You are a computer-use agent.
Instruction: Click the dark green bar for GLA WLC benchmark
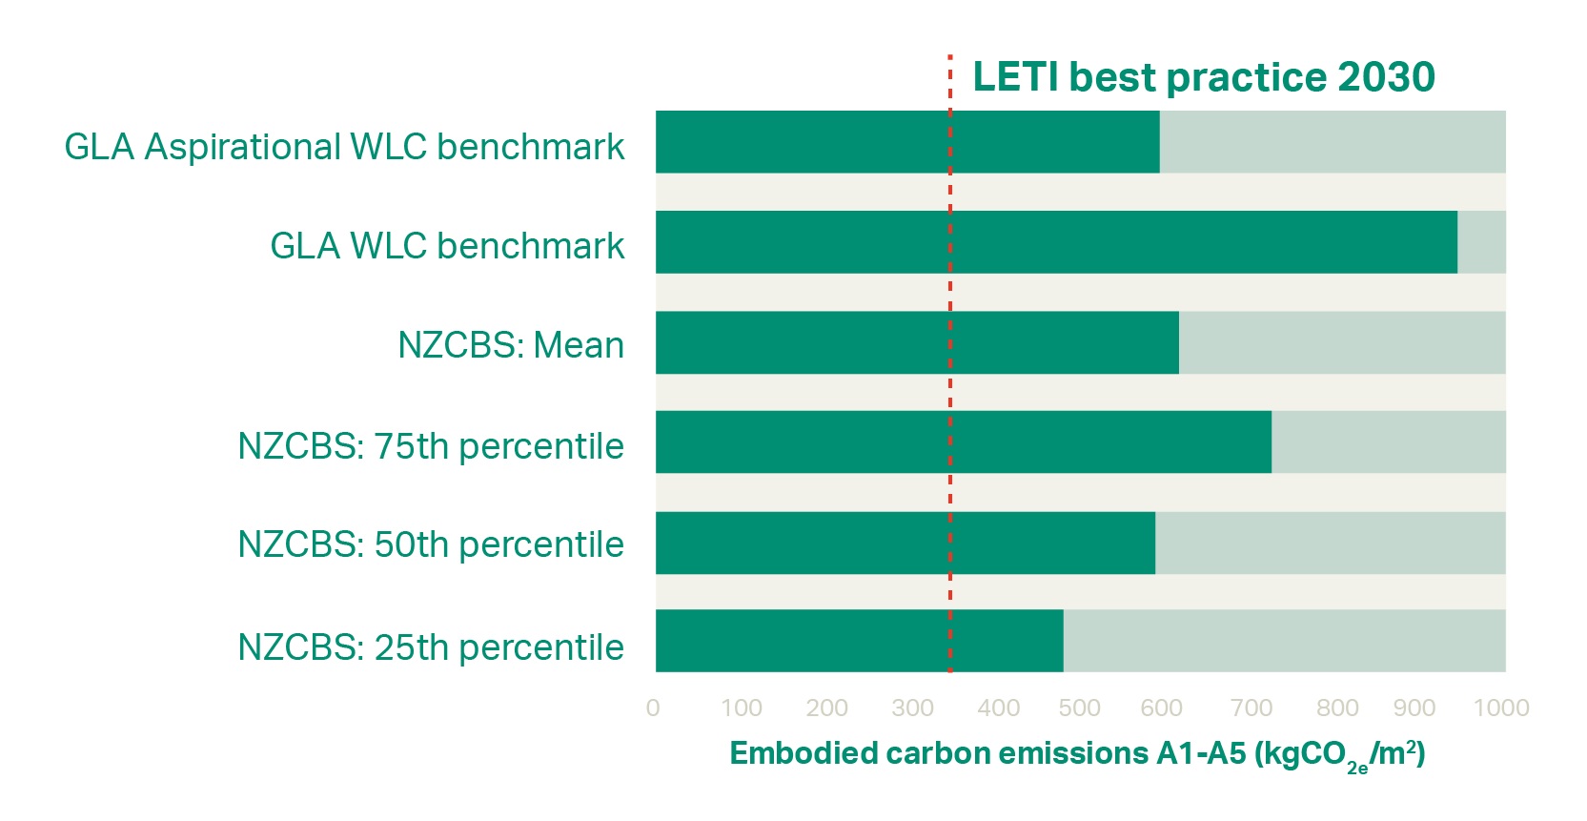click(x=1056, y=242)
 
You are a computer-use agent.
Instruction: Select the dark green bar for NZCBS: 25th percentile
click(x=859, y=641)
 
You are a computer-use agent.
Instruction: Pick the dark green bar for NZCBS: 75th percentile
click(x=963, y=441)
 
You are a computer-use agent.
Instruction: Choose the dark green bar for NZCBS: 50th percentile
click(x=905, y=543)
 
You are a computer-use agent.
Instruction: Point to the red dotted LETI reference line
click(x=950, y=381)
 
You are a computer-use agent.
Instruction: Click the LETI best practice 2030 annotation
click(x=1203, y=77)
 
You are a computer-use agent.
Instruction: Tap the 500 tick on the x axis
click(x=1079, y=708)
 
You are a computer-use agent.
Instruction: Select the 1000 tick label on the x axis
click(x=1500, y=708)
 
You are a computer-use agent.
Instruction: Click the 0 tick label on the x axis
click(x=653, y=708)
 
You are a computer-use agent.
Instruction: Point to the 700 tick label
click(x=1251, y=708)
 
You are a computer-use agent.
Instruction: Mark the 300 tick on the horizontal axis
click(x=912, y=708)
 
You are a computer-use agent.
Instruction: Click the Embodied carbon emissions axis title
click(x=1077, y=754)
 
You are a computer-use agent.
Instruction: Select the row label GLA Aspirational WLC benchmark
click(x=344, y=147)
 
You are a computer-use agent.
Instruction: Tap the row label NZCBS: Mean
click(x=511, y=345)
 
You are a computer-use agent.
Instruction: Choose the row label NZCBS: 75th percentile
click(x=431, y=446)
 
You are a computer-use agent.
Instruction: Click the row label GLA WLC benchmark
click(x=447, y=246)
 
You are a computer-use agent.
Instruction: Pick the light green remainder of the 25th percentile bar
click(x=1284, y=641)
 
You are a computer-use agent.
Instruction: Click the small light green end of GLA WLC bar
click(x=1481, y=242)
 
